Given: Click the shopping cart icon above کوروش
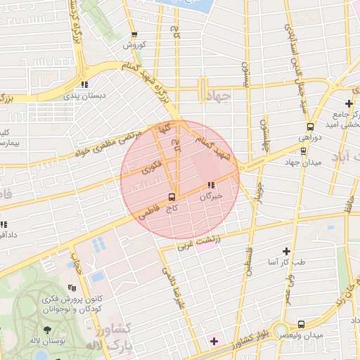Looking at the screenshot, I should [134, 34].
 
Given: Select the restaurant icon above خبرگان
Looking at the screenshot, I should [210, 186].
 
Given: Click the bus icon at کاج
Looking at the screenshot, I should [172, 197].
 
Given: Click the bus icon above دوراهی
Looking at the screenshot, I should [310, 127].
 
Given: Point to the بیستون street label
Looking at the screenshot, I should [246, 72].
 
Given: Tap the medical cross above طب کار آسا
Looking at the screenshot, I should [286, 251].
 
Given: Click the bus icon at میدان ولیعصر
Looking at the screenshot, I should [301, 324].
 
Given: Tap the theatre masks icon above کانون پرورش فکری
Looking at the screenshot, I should [71, 288].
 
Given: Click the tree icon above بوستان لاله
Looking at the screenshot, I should [47, 330].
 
